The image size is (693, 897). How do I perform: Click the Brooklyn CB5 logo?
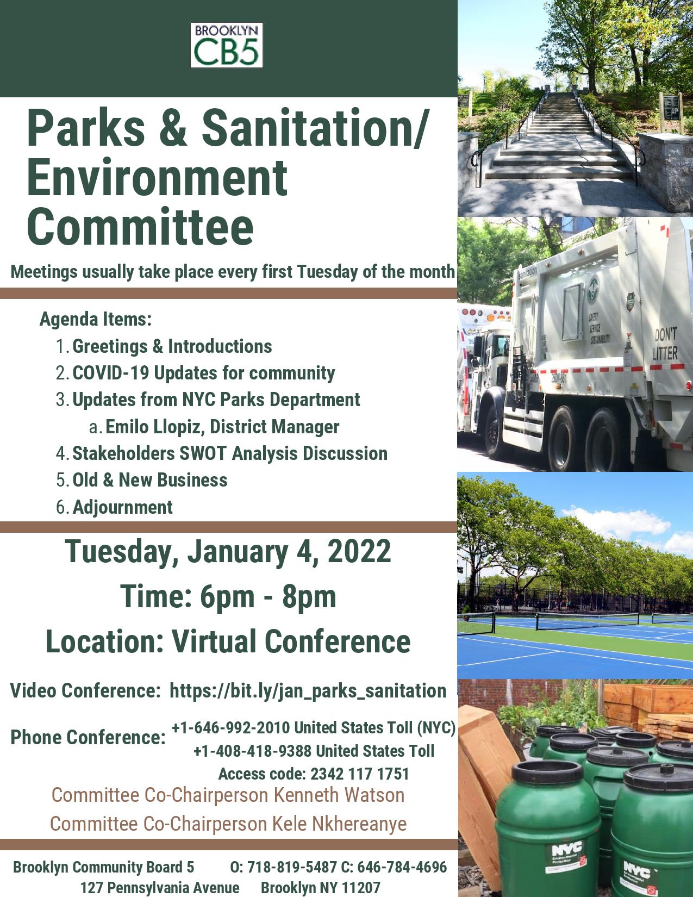(226, 45)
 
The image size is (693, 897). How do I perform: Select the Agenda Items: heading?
(96, 319)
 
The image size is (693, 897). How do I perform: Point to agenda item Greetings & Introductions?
(172, 346)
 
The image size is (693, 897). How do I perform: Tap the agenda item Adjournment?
(123, 507)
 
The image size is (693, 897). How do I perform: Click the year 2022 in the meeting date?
(359, 551)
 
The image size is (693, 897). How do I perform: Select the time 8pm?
(309, 597)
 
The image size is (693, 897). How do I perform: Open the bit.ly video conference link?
(308, 691)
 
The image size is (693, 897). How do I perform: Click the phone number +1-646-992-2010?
(230, 728)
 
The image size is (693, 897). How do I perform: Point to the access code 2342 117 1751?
(359, 774)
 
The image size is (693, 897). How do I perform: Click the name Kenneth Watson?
(339, 795)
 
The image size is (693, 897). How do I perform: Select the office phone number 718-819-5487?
(292, 867)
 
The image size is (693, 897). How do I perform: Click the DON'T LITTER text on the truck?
(665, 344)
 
